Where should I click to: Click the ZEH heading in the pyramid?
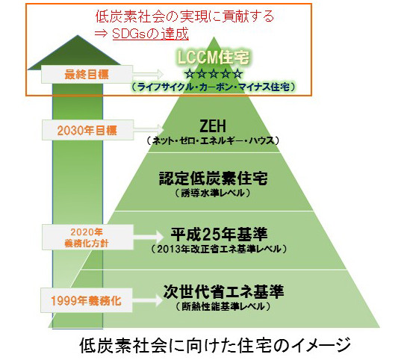[x=213, y=126]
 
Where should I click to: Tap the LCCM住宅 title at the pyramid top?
[x=213, y=57]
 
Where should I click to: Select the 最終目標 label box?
[x=87, y=74]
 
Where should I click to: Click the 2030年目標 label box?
[x=87, y=130]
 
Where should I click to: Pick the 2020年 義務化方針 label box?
[x=87, y=238]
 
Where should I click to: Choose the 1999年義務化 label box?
[x=87, y=300]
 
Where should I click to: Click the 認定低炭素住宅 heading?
[x=213, y=179]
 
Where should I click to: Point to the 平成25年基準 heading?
[x=219, y=234]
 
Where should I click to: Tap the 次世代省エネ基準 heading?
[x=223, y=291]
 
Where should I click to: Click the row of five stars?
[x=213, y=74]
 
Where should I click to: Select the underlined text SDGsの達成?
[x=150, y=34]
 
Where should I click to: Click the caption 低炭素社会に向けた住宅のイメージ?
[x=215, y=346]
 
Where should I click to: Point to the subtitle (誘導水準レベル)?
[x=213, y=193]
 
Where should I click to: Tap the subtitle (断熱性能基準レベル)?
[x=223, y=306]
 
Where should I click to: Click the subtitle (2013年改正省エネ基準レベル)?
[x=219, y=249]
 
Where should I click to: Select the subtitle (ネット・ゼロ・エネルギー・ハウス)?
[x=213, y=140]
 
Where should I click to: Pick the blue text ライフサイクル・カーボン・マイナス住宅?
[x=213, y=87]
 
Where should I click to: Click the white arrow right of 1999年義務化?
[x=148, y=300]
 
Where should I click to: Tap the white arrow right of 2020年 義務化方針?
[x=149, y=237]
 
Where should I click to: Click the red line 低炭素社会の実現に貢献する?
[x=184, y=16]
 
